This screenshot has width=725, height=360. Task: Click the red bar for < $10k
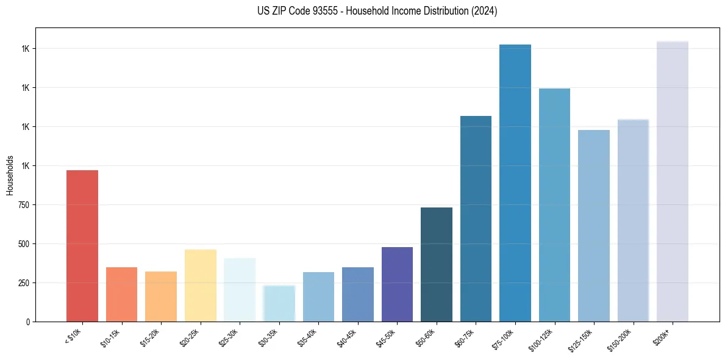[x=82, y=246]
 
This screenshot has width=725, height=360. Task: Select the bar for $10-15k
[x=121, y=294]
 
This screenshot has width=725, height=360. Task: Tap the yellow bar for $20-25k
[x=200, y=285]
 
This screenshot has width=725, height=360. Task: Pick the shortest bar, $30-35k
[x=279, y=303]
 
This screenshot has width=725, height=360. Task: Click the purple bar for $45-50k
[x=397, y=284]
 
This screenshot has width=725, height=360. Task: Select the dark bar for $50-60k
[x=436, y=264]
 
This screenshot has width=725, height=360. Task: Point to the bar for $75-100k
[x=515, y=183]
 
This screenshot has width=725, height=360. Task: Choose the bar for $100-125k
[x=554, y=205]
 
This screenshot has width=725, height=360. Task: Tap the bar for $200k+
[x=672, y=181]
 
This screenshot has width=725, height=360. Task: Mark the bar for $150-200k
[x=633, y=220]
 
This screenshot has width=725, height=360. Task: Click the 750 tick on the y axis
[x=24, y=205]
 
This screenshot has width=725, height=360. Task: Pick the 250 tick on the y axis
[x=24, y=283]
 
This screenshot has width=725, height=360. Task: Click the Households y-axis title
[x=10, y=175]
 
